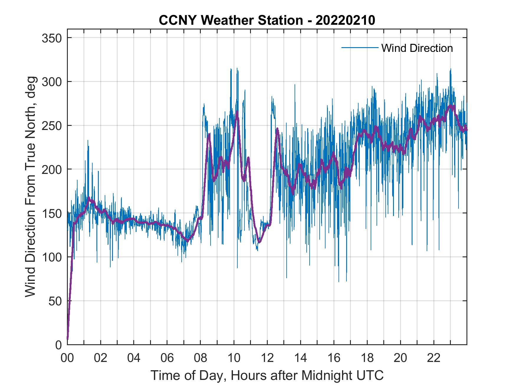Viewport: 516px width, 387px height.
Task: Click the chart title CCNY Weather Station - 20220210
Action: point(267,20)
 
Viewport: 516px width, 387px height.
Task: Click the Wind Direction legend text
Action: point(417,48)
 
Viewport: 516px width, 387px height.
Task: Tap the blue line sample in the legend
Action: point(360,47)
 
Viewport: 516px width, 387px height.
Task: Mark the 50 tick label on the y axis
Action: point(55,301)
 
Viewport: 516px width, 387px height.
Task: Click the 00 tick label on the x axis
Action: point(67,358)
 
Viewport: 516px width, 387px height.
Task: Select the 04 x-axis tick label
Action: point(134,358)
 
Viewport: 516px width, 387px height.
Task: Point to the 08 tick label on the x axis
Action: point(201,358)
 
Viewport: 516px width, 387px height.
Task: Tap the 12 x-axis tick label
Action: point(267,358)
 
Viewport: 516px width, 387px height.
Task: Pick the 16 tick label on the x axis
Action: point(334,358)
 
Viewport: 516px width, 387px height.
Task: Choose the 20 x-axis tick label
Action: point(400,358)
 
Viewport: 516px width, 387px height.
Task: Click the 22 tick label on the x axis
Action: point(434,358)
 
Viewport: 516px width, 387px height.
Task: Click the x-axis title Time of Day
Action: point(267,376)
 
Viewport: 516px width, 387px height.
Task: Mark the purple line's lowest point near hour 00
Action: point(68,339)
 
